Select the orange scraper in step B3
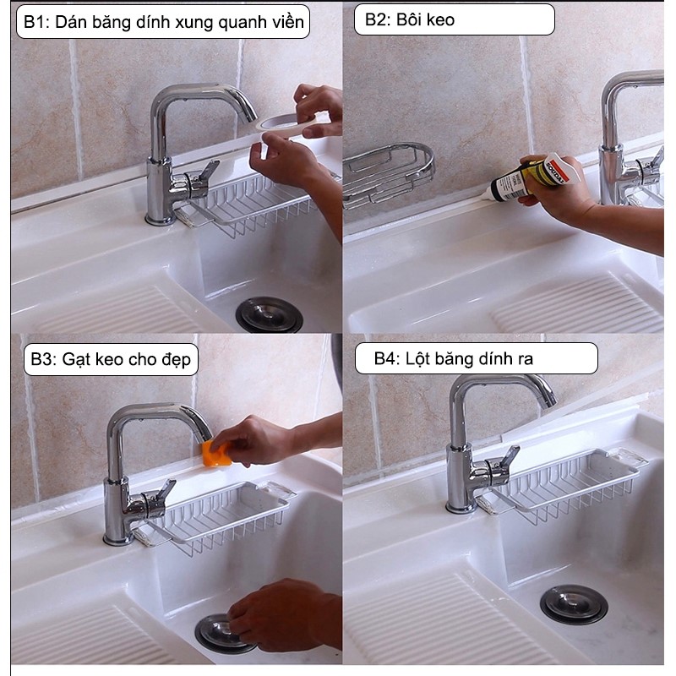(215, 455)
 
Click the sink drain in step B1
(269, 315)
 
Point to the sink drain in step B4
(574, 604)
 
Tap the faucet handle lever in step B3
(166, 489)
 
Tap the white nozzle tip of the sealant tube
(485, 195)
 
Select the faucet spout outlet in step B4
(550, 400)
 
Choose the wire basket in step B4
(569, 485)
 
